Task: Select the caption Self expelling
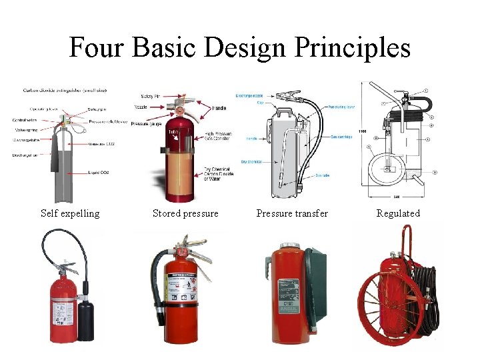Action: coord(70,213)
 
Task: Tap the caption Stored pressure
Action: coord(185,213)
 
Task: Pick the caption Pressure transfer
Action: coord(292,213)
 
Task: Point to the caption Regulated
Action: coord(398,213)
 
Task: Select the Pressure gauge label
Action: coord(147,124)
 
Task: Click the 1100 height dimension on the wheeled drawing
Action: coord(363,131)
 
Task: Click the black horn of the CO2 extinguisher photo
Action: coord(87,320)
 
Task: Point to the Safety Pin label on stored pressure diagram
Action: coord(151,96)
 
